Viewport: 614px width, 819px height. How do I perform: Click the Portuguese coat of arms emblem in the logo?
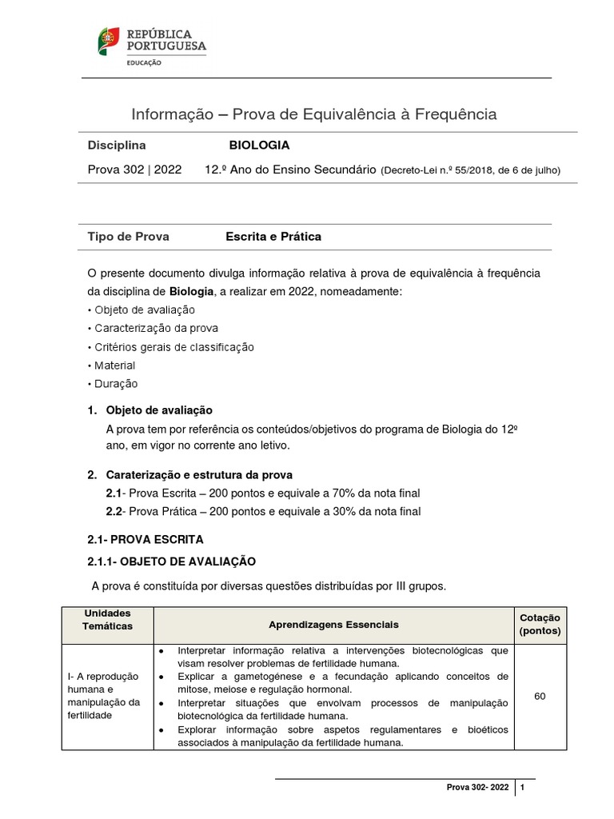(x=109, y=41)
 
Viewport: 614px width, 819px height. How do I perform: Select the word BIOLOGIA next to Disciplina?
(x=259, y=146)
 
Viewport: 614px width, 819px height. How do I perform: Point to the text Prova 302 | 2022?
(x=134, y=170)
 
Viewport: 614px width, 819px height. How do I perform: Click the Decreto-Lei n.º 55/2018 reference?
(x=471, y=170)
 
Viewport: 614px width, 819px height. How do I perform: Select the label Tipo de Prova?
(x=128, y=237)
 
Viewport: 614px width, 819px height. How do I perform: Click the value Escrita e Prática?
(x=273, y=237)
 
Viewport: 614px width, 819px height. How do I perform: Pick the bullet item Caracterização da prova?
(x=156, y=328)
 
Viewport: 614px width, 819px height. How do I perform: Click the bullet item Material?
(x=114, y=366)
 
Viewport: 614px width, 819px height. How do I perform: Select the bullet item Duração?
(x=116, y=384)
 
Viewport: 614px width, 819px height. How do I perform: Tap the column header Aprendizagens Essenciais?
(x=333, y=624)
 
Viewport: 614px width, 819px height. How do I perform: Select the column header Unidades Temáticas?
(x=107, y=619)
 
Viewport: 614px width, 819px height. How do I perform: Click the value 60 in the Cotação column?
(x=540, y=697)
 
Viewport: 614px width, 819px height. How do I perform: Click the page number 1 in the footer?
(x=522, y=788)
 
